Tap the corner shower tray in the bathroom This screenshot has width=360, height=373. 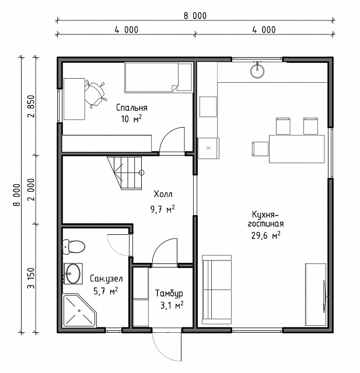(x=80, y=311)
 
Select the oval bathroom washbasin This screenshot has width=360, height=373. (x=73, y=273)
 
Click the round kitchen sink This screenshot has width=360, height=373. (x=257, y=70)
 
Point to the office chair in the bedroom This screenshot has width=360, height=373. (x=95, y=94)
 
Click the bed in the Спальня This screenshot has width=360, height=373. (x=158, y=78)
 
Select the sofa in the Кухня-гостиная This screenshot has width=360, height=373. (x=216, y=290)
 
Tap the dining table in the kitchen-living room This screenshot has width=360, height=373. (x=296, y=149)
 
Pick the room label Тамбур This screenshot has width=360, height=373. (x=169, y=293)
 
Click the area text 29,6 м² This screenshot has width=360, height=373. (x=265, y=235)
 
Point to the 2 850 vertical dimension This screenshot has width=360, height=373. (x=31, y=106)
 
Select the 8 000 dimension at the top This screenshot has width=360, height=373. (x=195, y=16)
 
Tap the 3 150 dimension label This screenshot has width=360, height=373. (x=31, y=278)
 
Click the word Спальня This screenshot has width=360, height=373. (x=132, y=108)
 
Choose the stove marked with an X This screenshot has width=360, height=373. (x=208, y=148)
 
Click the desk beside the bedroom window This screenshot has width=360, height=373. (x=74, y=99)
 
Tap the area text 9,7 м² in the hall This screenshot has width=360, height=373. (x=163, y=209)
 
